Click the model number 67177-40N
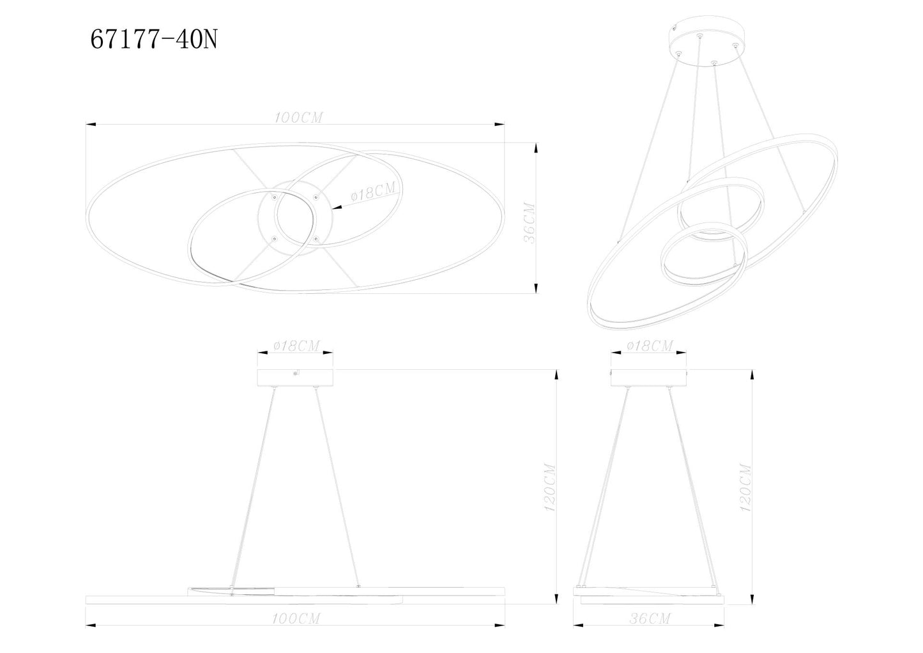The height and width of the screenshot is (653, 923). click(x=154, y=40)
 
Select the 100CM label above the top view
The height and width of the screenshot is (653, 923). click(x=298, y=118)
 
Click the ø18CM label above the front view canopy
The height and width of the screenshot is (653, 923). click(x=296, y=346)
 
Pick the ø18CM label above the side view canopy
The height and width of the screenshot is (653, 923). click(x=650, y=346)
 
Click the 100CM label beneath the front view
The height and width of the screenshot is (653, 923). click(x=296, y=618)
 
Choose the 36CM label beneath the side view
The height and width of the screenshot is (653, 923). click(x=648, y=618)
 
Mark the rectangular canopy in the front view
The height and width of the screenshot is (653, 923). click(x=295, y=378)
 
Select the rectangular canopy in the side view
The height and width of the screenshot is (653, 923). click(x=649, y=378)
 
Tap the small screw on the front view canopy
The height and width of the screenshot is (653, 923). click(x=294, y=374)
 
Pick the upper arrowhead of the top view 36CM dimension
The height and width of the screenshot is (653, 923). click(x=535, y=148)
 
